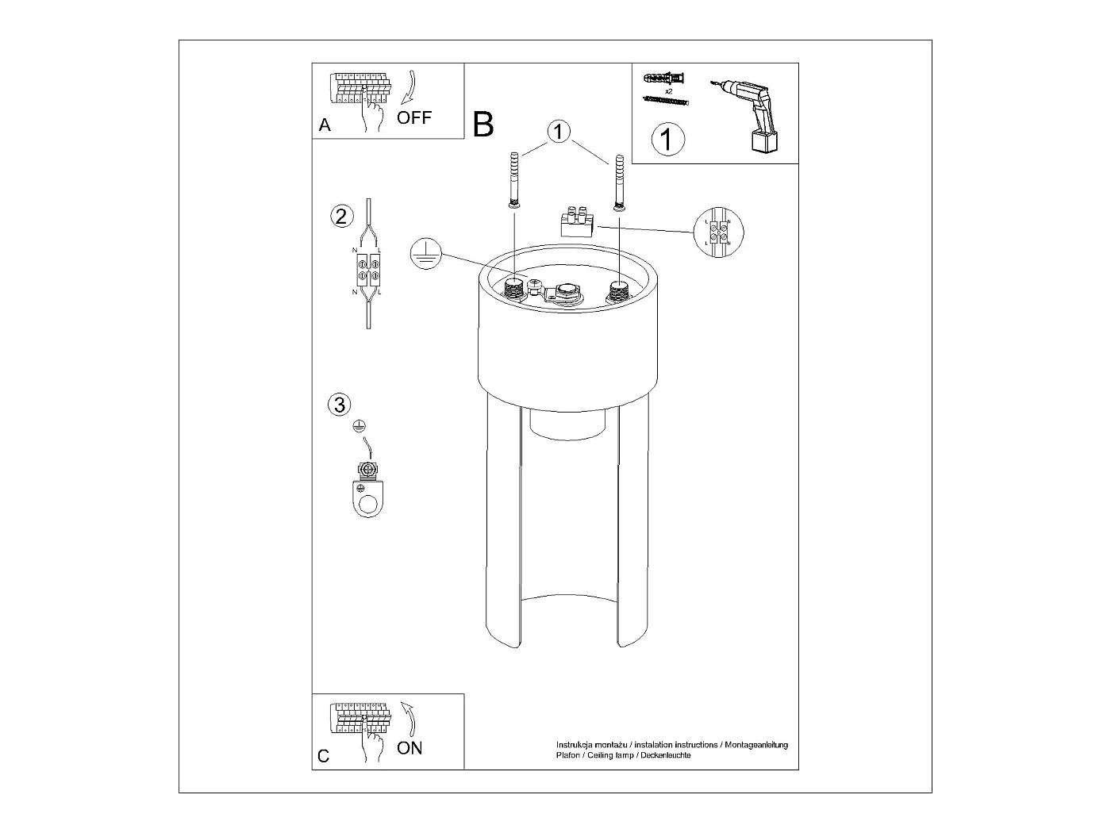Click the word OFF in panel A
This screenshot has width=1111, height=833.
(414, 118)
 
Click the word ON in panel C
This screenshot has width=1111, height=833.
(409, 747)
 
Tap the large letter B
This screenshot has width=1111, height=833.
(482, 125)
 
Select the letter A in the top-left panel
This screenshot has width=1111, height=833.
(325, 125)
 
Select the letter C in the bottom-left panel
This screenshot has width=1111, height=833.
(324, 756)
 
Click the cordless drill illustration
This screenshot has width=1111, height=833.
(749, 115)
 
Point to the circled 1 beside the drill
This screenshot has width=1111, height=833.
(667, 140)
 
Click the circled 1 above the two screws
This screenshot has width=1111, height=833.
(559, 132)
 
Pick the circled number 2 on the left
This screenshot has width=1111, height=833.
(341, 216)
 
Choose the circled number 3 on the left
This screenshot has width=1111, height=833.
(339, 405)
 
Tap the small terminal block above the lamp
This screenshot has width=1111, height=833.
(578, 223)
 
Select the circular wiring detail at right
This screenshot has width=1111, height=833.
(719, 232)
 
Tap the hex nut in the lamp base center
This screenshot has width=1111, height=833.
(567, 291)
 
